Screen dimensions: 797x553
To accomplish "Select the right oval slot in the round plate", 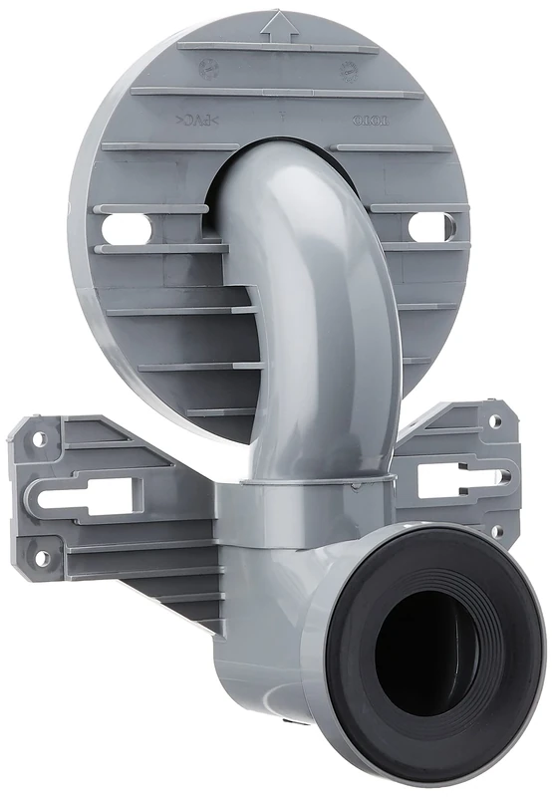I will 429,228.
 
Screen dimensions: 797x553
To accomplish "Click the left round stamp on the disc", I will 208,69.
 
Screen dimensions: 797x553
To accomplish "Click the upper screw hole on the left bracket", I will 40,437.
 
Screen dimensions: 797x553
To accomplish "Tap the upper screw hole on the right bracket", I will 492,420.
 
